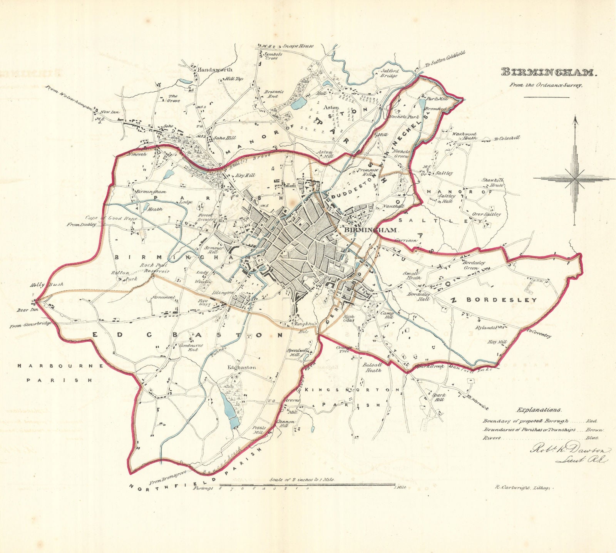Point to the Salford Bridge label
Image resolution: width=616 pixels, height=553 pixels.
tap(389, 74)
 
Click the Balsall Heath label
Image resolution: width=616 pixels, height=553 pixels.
tap(372, 367)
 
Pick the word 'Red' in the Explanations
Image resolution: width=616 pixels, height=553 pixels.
tap(591, 422)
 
